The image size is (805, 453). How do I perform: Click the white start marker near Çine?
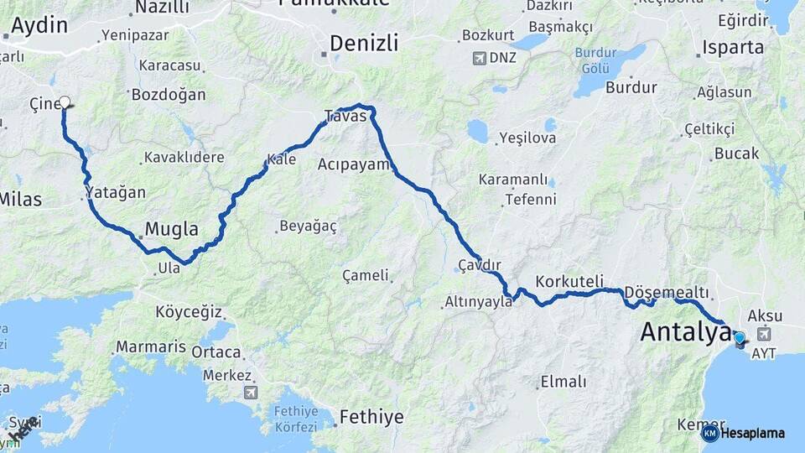coord(65,102)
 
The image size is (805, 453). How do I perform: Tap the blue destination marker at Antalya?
coord(739,338)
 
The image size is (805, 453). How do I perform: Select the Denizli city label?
coord(364,43)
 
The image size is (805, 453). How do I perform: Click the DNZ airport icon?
coord(479,59)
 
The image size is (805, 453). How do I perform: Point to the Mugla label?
coord(172,229)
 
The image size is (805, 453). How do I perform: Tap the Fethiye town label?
coord(371,417)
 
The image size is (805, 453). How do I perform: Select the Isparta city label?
coord(734,47)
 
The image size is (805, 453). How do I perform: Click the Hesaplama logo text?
coord(752,433)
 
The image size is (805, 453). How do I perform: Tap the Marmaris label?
coord(151,346)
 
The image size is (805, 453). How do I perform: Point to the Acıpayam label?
coord(354,164)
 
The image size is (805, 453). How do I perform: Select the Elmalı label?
coord(563,382)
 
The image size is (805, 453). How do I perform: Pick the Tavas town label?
coord(345,117)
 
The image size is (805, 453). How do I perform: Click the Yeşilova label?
coord(527,137)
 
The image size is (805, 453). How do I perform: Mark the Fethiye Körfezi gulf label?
coord(297,419)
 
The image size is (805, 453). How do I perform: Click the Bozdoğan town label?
coord(168,95)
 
